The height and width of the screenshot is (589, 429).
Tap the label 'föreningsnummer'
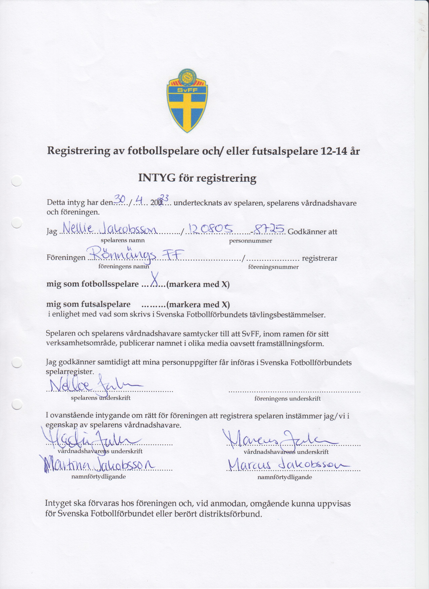273,267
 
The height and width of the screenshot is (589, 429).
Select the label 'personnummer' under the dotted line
250,241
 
